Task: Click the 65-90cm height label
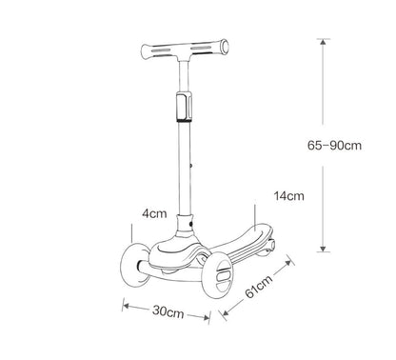click(339, 147)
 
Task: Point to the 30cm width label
click(168, 311)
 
